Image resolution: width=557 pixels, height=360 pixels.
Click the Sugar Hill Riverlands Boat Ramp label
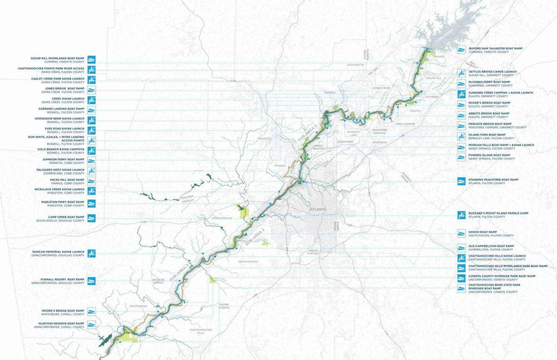pyautogui.click(x=57, y=58)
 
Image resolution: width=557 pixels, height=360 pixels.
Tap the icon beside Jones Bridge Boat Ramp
pyautogui.click(x=92, y=90)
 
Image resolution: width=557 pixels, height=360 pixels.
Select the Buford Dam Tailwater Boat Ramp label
pyautogui.click(x=495, y=49)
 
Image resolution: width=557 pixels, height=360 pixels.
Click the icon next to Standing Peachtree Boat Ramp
pyautogui.click(x=462, y=181)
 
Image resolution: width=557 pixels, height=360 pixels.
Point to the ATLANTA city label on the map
pyautogui.click(x=318, y=209)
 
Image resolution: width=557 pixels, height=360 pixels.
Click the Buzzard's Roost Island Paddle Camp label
pyautogui.click(x=498, y=213)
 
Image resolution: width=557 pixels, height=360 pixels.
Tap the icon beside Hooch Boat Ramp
pyautogui.click(x=462, y=233)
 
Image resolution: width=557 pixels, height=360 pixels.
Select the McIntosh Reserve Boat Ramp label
pyautogui.click(x=61, y=323)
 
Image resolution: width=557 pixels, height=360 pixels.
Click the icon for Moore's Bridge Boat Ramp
pyautogui.click(x=92, y=312)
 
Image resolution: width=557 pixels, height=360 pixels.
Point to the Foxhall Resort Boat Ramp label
pyautogui.click(x=62, y=279)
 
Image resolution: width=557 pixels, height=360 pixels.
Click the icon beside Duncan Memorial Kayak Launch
pyautogui.click(x=92, y=253)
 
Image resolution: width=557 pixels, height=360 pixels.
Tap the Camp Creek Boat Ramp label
pyautogui.click(x=66, y=217)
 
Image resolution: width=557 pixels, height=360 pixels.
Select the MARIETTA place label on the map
pyautogui.click(x=265, y=139)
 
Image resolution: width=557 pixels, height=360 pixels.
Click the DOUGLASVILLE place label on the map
pyautogui.click(x=222, y=218)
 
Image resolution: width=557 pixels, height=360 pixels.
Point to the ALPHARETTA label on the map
pyautogui.click(x=355, y=65)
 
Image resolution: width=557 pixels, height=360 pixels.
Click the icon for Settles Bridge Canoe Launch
pyautogui.click(x=462, y=73)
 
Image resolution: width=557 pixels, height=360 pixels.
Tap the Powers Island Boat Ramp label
pyautogui.click(x=489, y=155)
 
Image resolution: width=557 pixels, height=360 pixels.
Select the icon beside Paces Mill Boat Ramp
pyautogui.click(x=92, y=181)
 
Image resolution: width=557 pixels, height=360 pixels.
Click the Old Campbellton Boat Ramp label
pyautogui.click(x=491, y=246)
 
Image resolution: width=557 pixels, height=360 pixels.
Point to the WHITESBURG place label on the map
pyautogui.click(x=138, y=306)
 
